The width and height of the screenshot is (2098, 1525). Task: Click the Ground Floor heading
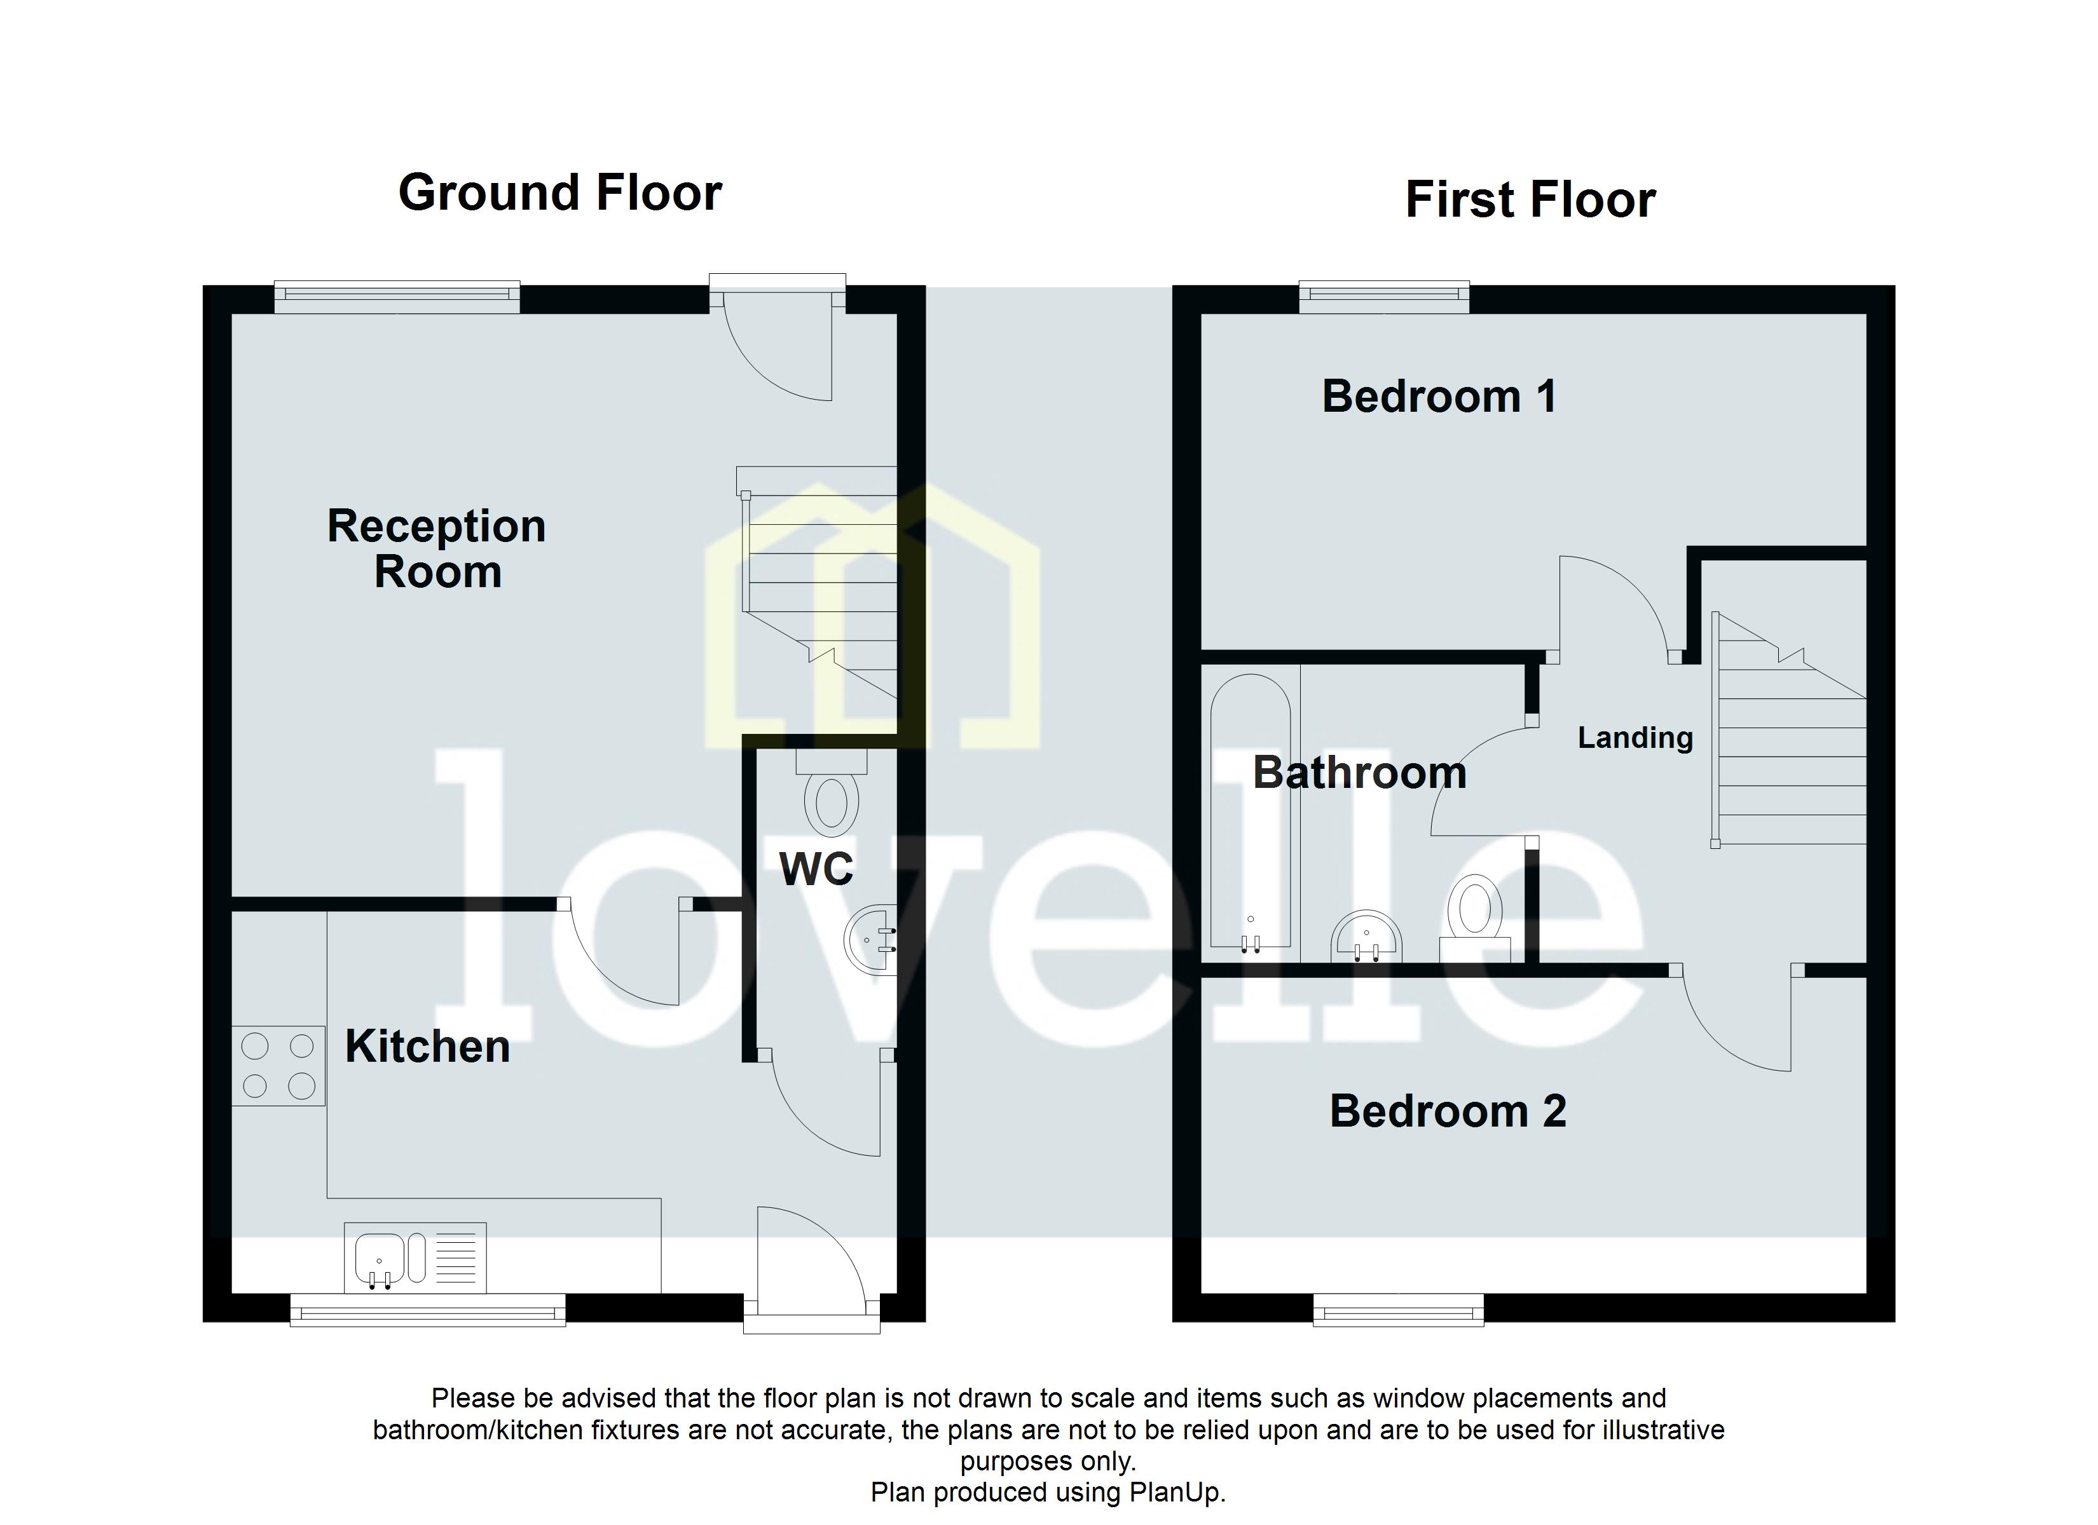click(x=559, y=193)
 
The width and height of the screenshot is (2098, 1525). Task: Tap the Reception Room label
click(x=437, y=548)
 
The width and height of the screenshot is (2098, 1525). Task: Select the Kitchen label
click(x=427, y=1047)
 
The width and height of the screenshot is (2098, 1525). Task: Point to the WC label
click(x=816, y=869)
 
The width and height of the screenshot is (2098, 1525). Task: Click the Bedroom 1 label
click(x=1439, y=396)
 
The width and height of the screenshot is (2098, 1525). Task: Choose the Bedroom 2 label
click(x=1448, y=1111)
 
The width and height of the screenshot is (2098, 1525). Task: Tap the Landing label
click(x=1635, y=737)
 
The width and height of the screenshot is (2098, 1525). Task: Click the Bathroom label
click(x=1359, y=773)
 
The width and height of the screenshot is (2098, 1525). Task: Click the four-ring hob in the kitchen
click(x=278, y=1066)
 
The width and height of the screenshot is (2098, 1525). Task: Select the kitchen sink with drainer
click(x=415, y=1257)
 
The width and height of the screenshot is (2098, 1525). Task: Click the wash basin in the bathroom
click(x=1366, y=938)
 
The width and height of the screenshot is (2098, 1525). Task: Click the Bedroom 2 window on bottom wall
click(x=1398, y=1310)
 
